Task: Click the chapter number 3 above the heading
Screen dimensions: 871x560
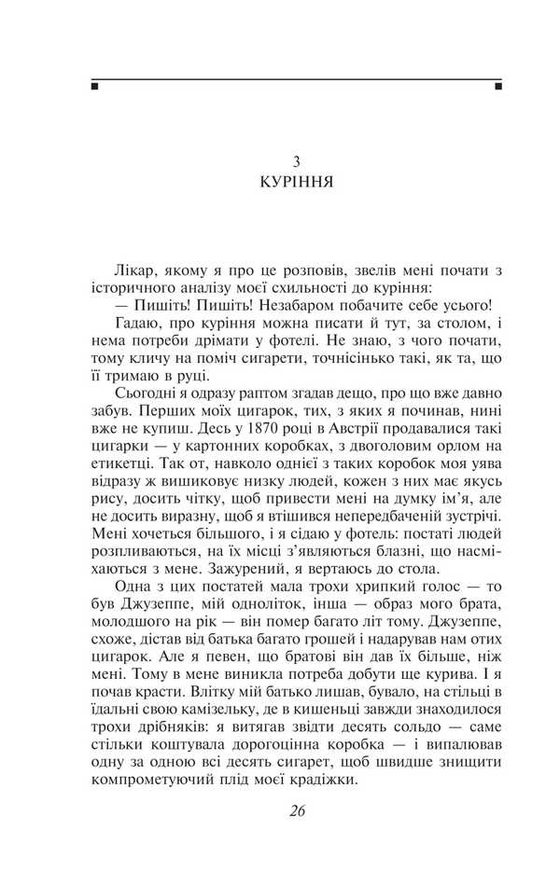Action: click(x=296, y=161)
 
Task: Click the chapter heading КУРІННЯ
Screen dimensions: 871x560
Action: click(x=296, y=183)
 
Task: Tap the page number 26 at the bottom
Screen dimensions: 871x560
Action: click(x=297, y=809)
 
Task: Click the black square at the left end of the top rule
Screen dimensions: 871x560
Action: click(x=94, y=87)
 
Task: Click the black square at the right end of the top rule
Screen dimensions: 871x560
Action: click(x=498, y=87)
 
